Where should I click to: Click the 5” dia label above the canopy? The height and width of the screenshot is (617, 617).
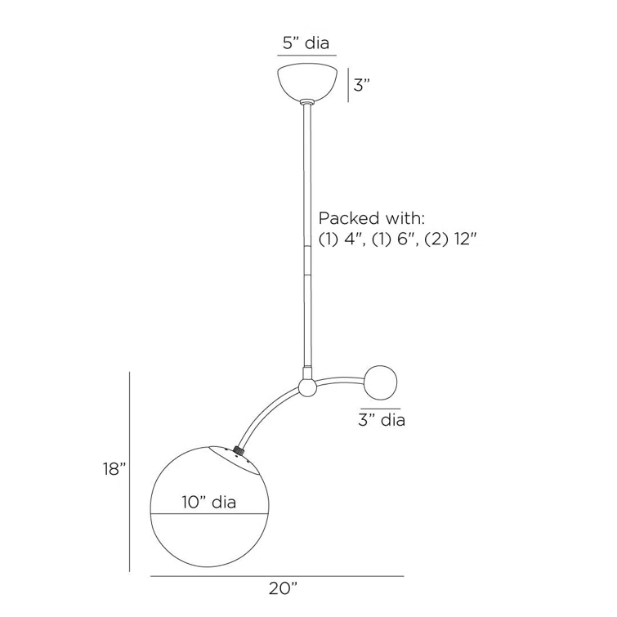tap(306, 42)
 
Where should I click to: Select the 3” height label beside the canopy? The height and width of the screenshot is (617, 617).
tap(362, 85)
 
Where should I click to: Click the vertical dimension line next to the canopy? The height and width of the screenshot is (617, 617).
tap(348, 85)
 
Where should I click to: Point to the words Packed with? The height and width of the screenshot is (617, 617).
tap(372, 218)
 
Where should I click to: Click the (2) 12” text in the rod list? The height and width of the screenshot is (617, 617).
tap(451, 239)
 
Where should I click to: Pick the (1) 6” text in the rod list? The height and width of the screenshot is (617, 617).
tap(396, 239)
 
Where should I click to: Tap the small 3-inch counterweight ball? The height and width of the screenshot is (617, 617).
tap(380, 382)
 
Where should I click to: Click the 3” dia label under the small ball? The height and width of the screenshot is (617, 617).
tap(382, 420)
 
